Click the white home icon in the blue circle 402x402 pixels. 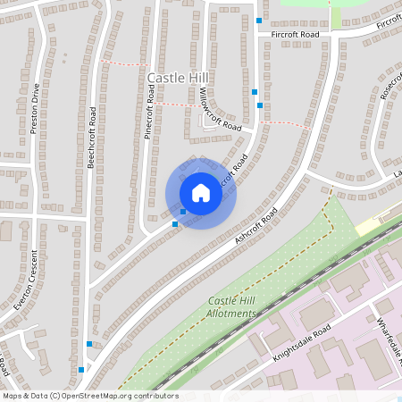pyautogui.click(x=200, y=193)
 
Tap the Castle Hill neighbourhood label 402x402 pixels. pyautogui.click(x=177, y=79)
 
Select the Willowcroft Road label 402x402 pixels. pyautogui.click(x=220, y=111)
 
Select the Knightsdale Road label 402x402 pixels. pyautogui.click(x=302, y=343)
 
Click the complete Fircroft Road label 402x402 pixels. pyautogui.click(x=289, y=34)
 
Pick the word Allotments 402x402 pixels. pyautogui.click(x=231, y=314)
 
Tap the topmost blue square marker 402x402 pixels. pyautogui.click(x=259, y=20)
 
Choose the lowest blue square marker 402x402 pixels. pyautogui.click(x=81, y=369)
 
